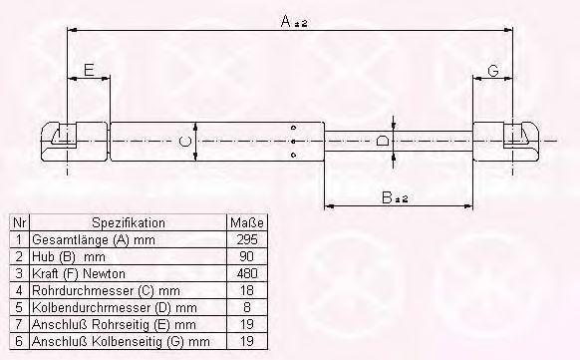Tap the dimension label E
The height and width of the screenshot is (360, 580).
tap(89, 70)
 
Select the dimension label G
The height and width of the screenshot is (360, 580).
tap(493, 70)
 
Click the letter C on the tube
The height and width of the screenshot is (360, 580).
tap(184, 142)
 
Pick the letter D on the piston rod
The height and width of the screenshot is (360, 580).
tap(382, 141)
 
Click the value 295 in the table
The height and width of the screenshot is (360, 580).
tap(247, 239)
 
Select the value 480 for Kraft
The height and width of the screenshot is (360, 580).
tap(247, 273)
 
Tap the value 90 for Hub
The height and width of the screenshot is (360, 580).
tap(247, 256)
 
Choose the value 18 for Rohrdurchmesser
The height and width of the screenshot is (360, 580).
tap(247, 290)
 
